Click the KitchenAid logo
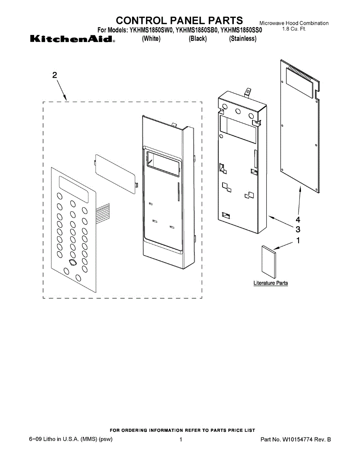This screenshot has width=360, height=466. [x=72, y=39]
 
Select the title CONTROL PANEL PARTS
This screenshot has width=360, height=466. [x=180, y=20]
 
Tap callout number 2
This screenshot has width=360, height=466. [x=55, y=75]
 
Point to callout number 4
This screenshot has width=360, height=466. [x=298, y=220]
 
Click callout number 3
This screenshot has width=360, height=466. [x=298, y=229]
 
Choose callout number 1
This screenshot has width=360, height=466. [x=298, y=241]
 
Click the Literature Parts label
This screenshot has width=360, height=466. [x=271, y=283]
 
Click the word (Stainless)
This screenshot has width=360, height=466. [x=243, y=39]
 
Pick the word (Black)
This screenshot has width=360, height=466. [x=198, y=39]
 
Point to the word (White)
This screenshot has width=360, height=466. [x=151, y=39]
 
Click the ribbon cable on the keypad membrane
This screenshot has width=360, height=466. [x=103, y=213]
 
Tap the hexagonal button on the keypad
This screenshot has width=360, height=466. [x=71, y=263]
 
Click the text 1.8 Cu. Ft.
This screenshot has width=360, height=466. [x=294, y=30]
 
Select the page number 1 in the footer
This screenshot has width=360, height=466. [x=181, y=440]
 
